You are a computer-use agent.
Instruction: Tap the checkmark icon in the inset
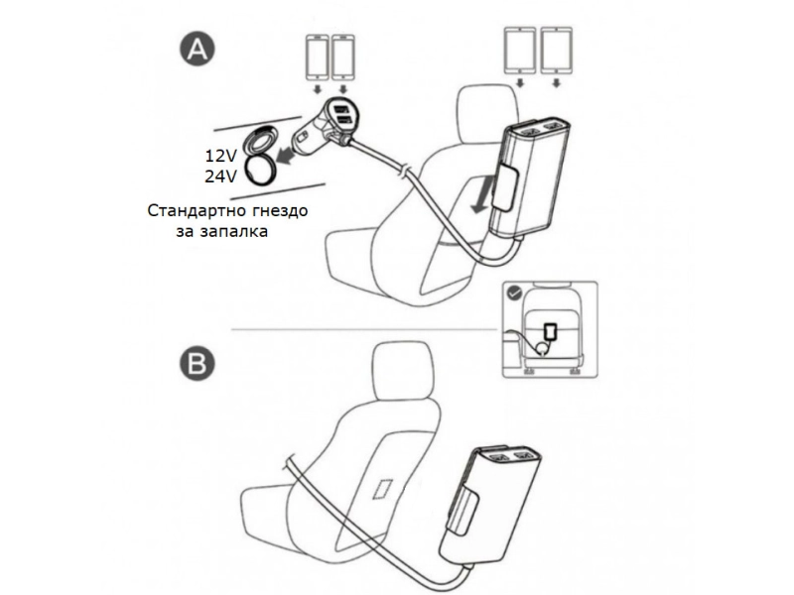(512, 294)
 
